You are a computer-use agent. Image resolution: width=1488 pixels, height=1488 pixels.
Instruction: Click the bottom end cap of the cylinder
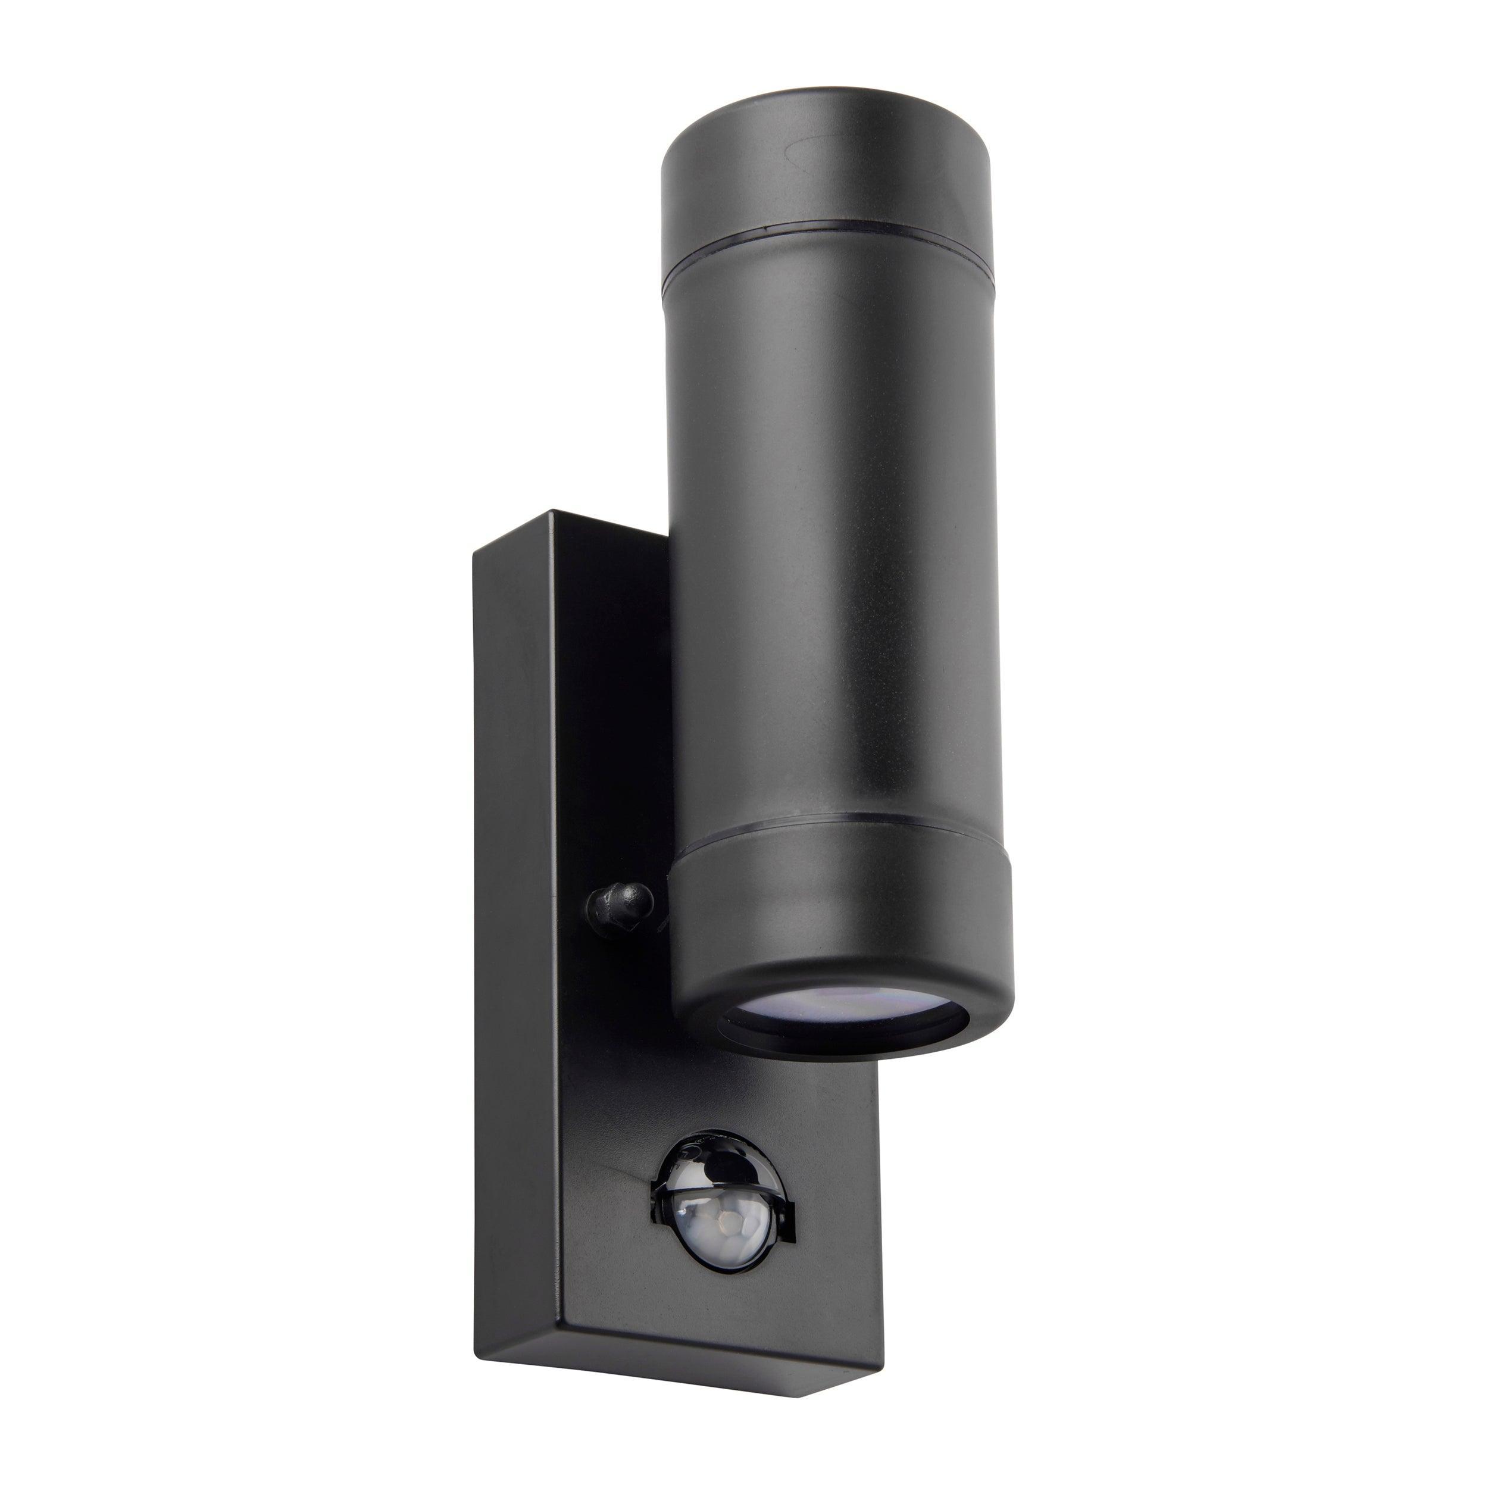[843, 917]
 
